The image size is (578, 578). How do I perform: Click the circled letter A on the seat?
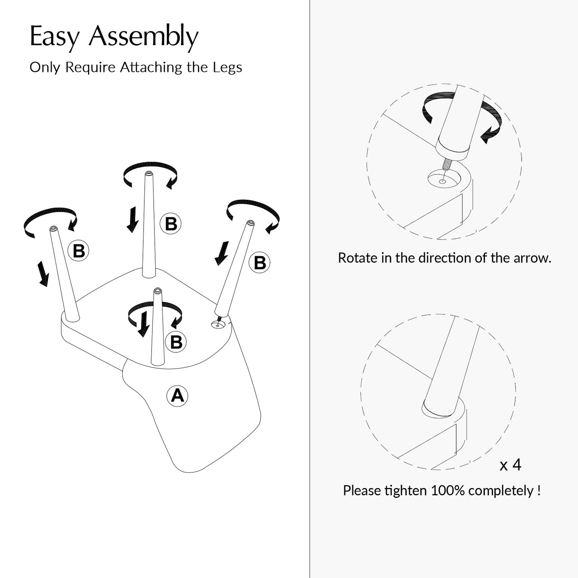pyautogui.click(x=177, y=396)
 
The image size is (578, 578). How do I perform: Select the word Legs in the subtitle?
pyautogui.click(x=227, y=67)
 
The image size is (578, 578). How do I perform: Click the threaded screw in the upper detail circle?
pyautogui.click(x=446, y=165)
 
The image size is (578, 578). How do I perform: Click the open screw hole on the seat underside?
pyautogui.click(x=218, y=324)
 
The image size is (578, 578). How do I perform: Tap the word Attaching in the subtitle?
pyautogui.click(x=151, y=68)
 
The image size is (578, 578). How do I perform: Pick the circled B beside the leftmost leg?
pyautogui.click(x=78, y=251)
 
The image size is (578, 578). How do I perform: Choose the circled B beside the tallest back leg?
pyautogui.click(x=171, y=224)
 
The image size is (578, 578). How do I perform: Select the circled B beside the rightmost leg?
pyautogui.click(x=260, y=262)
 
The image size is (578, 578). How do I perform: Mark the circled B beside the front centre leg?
pyautogui.click(x=176, y=342)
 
